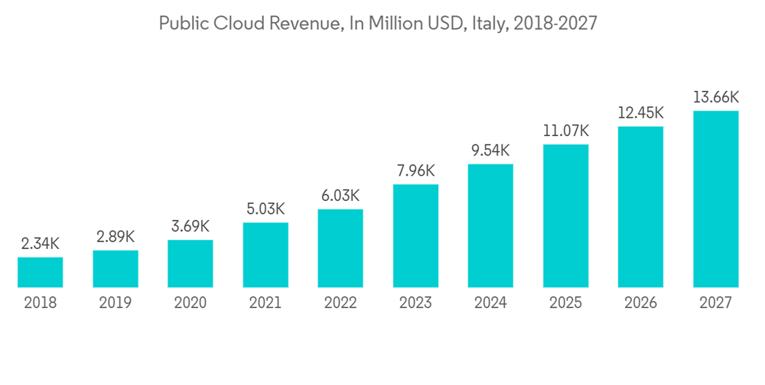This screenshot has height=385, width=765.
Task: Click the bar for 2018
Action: [x=41, y=272]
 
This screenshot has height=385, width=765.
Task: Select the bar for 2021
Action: [x=265, y=255]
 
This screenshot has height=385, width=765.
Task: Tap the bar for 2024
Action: [x=490, y=226]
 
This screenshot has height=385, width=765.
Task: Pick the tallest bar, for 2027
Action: [x=715, y=199]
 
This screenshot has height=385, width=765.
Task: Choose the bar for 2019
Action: [x=116, y=269]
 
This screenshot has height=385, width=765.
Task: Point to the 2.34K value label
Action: [x=41, y=244]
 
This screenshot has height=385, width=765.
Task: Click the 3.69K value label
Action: [x=190, y=227]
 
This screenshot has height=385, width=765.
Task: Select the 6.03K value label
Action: [x=340, y=196]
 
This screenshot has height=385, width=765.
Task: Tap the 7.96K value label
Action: [x=415, y=170]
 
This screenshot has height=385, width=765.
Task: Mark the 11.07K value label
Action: [x=565, y=131]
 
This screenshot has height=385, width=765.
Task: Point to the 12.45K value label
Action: [x=640, y=113]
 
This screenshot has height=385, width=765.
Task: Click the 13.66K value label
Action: [x=715, y=97]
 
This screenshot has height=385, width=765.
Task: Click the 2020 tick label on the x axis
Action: [x=190, y=303]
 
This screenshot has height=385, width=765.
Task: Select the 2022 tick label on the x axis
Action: [x=340, y=303]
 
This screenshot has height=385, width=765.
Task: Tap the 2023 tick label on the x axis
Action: [x=415, y=303]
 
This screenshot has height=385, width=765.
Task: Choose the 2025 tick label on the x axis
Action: [x=565, y=303]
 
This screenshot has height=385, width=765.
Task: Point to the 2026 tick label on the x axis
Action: [x=640, y=303]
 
